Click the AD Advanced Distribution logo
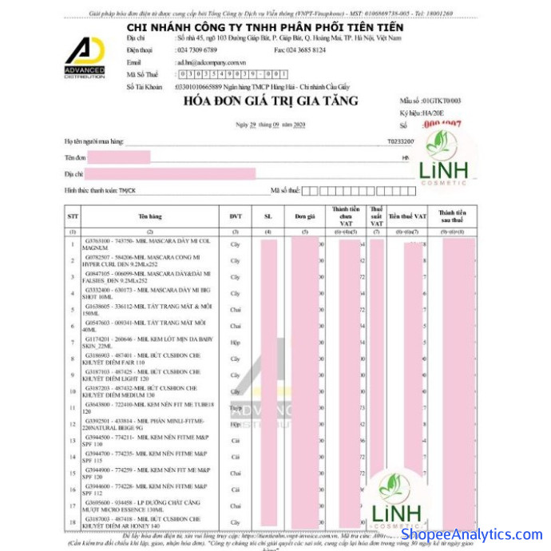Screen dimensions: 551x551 click(x=85, y=54)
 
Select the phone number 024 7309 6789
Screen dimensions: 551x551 click(x=197, y=50)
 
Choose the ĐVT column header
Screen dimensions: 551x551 click(x=236, y=216)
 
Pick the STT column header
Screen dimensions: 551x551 click(x=73, y=216)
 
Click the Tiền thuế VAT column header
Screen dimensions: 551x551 click(x=409, y=216)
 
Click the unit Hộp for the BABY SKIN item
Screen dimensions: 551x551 click(x=236, y=343)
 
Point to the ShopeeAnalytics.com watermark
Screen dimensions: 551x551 click(x=471, y=534)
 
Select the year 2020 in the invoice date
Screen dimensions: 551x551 click(x=299, y=125)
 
